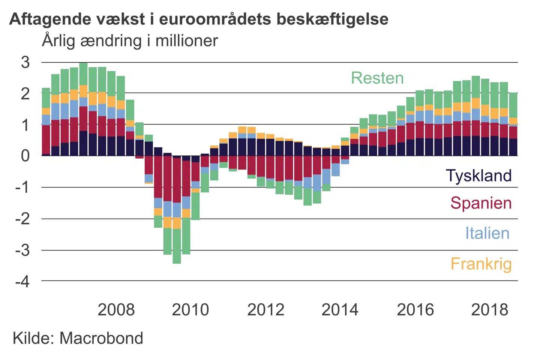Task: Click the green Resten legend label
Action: [x=377, y=78]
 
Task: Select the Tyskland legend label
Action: [x=478, y=175]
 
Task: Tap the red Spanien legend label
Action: [x=481, y=203]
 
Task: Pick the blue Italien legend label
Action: [x=487, y=233]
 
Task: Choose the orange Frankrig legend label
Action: [x=481, y=264]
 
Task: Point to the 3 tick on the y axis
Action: [x=25, y=62]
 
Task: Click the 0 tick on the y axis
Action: [x=25, y=155]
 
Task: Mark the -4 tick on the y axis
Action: [x=22, y=281]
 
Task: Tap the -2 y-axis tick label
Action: [x=22, y=218]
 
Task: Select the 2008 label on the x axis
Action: [x=116, y=310]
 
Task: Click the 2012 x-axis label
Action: [x=265, y=310]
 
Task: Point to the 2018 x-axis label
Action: [x=489, y=310]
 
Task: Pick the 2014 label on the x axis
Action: [x=340, y=310]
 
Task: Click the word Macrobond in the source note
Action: [x=101, y=338]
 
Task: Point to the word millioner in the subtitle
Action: [x=186, y=41]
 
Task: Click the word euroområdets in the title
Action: [x=215, y=19]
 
